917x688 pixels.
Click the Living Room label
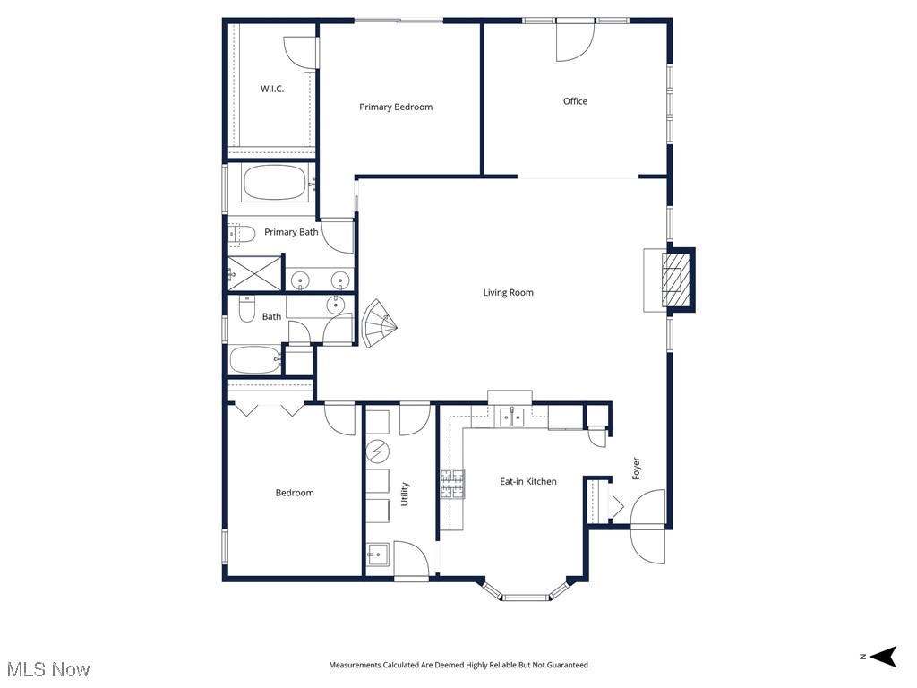(x=509, y=293)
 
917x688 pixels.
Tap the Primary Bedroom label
(x=396, y=107)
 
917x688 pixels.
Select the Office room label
(x=575, y=101)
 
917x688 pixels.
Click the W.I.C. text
(x=272, y=89)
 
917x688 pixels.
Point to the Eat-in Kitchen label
(x=528, y=482)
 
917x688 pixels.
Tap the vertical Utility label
(x=405, y=494)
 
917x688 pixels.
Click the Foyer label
(x=637, y=468)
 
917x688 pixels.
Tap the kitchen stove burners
(x=452, y=484)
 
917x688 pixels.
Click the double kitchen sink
(x=511, y=416)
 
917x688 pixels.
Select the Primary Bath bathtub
(x=274, y=183)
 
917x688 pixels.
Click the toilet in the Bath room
(x=245, y=310)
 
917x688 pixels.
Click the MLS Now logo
(x=48, y=669)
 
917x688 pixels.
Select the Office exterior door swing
(x=573, y=41)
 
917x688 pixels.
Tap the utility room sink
(x=378, y=555)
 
